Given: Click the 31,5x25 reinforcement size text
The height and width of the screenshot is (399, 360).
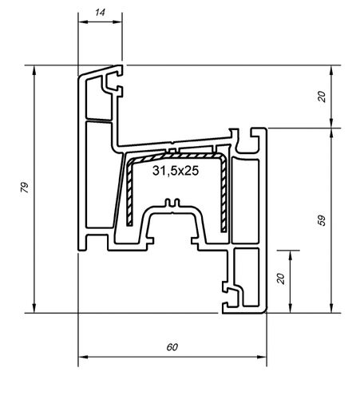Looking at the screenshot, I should [x=175, y=171].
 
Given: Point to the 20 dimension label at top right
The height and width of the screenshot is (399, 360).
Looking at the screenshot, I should [x=322, y=96].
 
